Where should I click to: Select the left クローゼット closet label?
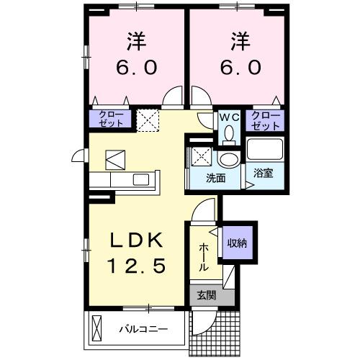click(111, 119)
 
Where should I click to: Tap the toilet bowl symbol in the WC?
click(229, 134)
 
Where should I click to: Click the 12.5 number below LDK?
click(137, 266)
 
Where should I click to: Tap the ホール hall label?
click(204, 256)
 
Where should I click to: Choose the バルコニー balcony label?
click(143, 330)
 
